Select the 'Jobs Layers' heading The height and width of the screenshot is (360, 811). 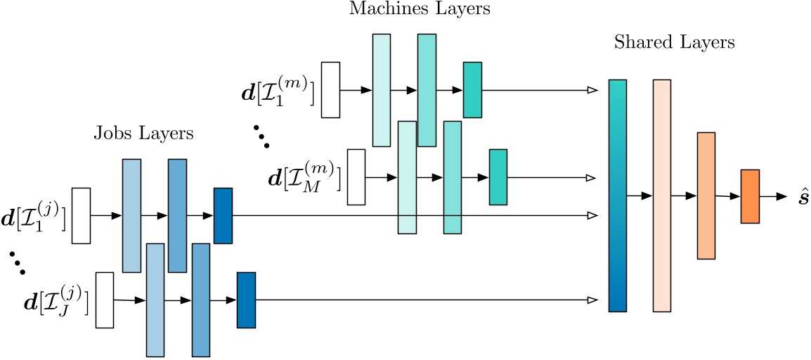(143, 134)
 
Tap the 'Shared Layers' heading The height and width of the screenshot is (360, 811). (674, 43)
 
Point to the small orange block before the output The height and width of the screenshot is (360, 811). (750, 196)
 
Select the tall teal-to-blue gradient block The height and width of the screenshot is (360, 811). (617, 195)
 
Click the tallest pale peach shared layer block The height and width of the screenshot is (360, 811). (662, 195)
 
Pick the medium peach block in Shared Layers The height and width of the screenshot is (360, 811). (706, 195)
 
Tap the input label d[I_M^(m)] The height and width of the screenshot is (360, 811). (304, 178)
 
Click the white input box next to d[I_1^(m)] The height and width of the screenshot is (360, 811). (330, 90)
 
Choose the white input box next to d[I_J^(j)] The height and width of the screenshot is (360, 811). (104, 300)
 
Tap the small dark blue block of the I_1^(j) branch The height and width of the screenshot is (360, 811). (223, 215)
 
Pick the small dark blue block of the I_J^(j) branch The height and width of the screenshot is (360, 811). (246, 300)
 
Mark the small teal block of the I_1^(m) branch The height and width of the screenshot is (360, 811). (472, 89)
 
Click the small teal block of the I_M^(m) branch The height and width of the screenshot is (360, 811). (498, 176)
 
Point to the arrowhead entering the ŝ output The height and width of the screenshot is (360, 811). (781, 197)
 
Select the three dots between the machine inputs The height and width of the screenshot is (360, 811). (261, 136)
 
